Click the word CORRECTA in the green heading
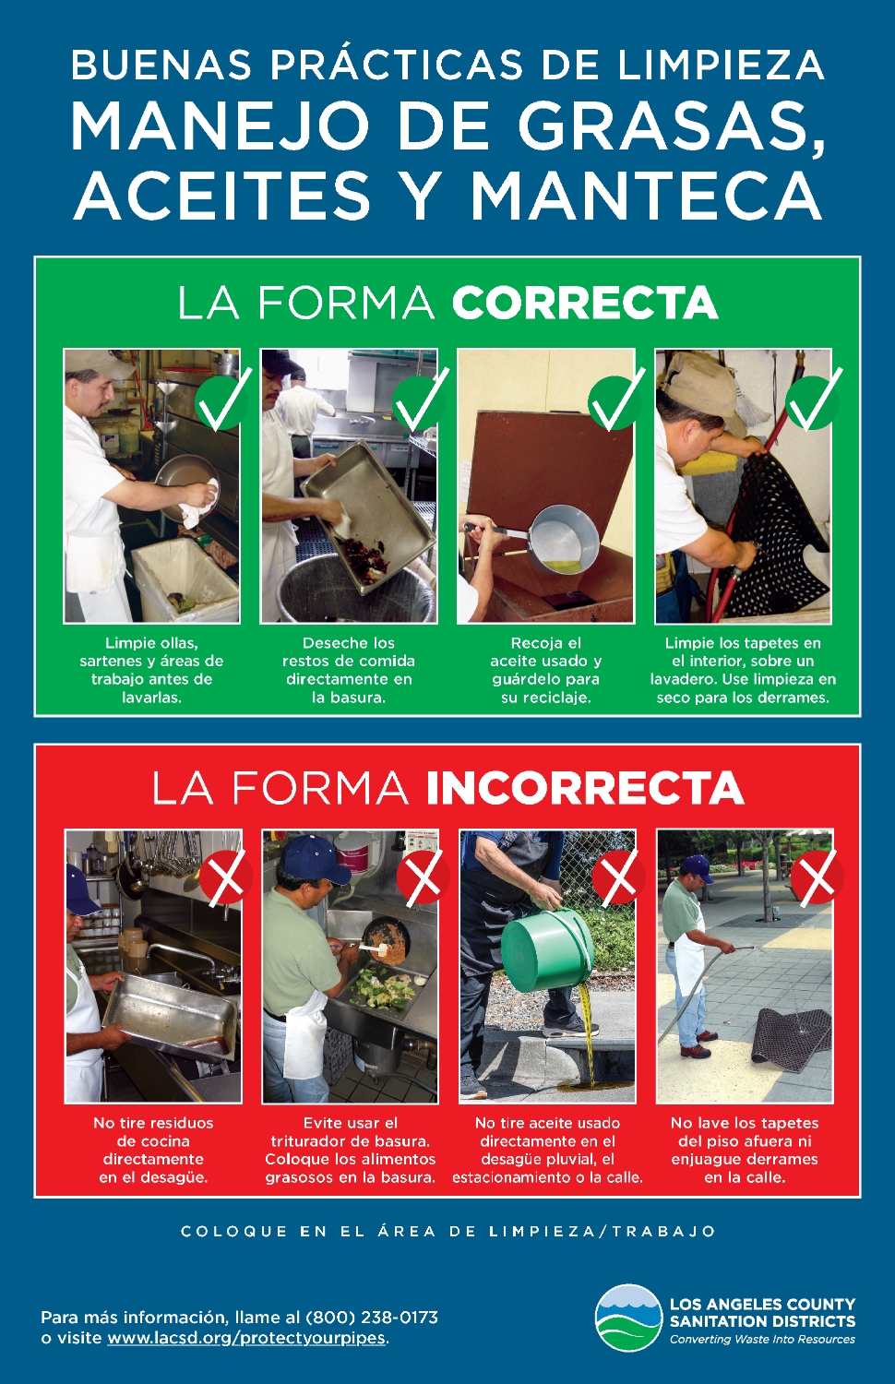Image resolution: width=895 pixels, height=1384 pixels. coord(584,302)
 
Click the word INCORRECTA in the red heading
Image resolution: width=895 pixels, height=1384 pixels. coord(585,787)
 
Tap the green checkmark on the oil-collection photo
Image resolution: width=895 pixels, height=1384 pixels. coord(615,400)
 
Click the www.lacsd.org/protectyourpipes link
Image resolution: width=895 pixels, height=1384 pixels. coord(246,1338)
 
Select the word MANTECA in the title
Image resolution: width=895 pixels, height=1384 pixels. coord(646,196)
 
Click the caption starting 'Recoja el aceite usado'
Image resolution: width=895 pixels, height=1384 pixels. coord(546,671)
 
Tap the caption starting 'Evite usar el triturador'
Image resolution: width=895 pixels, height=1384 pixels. coord(351,1150)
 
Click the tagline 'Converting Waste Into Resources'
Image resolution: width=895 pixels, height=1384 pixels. coord(762,1340)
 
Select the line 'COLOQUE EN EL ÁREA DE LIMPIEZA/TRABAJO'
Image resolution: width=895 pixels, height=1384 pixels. coord(447,1232)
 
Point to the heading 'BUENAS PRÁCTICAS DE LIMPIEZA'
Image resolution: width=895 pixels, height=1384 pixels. coord(447,65)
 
